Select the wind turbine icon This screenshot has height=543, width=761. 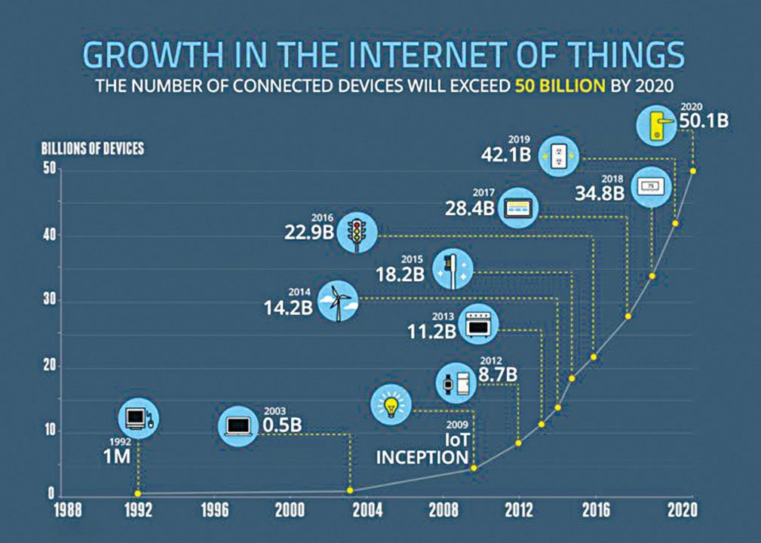pos(336,301)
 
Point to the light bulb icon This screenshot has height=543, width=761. pos(391,406)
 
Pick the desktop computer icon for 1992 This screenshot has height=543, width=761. pos(139,418)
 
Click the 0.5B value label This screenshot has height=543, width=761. pos(282,425)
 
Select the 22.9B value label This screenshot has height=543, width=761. pos(309,232)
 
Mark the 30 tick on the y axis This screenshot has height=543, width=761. pos(48,301)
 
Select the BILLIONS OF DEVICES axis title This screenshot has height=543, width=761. pos(92,148)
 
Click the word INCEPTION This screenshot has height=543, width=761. pos(422,457)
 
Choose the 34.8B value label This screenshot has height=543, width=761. pos(600,192)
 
